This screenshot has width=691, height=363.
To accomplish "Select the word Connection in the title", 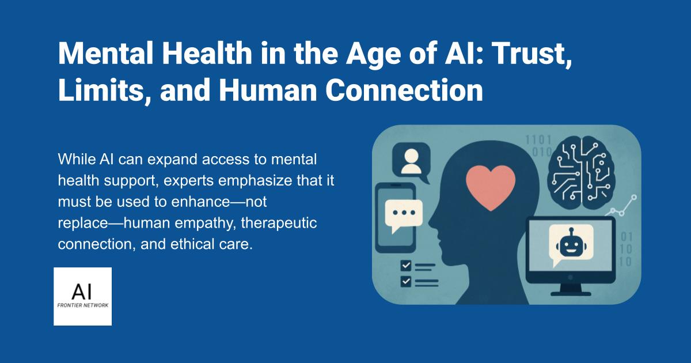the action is (x=404, y=90).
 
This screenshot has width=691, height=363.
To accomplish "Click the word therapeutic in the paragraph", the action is (x=279, y=223).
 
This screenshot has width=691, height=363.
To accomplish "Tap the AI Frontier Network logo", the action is (x=83, y=296).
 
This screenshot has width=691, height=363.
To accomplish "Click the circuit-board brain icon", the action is (x=581, y=173).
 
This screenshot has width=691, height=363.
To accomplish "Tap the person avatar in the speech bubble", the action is (x=411, y=161).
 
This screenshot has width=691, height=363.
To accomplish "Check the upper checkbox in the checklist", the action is (x=405, y=266).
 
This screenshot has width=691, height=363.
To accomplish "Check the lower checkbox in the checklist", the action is (x=405, y=281).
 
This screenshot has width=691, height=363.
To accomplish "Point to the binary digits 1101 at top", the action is (x=538, y=140).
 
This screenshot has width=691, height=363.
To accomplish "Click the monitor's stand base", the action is (x=571, y=293).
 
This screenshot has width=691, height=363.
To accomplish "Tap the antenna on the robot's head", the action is (x=571, y=232).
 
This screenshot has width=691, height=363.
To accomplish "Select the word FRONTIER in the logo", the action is (x=70, y=305).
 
